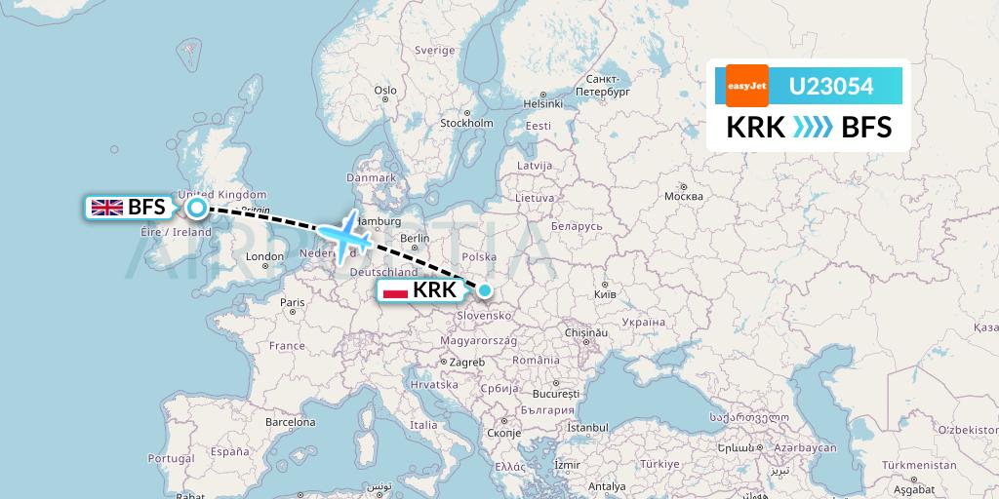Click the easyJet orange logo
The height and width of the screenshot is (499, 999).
[x=747, y=86]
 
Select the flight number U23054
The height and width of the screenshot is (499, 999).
[x=830, y=86]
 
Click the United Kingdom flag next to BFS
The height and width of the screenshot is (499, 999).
[x=106, y=207]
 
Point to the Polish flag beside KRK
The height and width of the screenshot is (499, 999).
[x=395, y=290]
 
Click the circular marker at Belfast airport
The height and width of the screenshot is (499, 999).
[x=197, y=207]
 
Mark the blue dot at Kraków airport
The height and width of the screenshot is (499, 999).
[x=484, y=289]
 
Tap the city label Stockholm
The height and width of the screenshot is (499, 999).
[x=466, y=124]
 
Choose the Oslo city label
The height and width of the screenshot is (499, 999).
[x=385, y=91]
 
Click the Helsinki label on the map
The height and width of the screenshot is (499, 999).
[x=544, y=103]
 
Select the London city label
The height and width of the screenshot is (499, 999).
[x=264, y=257]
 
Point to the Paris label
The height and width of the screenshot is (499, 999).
[x=293, y=302]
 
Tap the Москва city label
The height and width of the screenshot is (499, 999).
[x=683, y=196]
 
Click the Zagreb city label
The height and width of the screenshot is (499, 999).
[x=466, y=362]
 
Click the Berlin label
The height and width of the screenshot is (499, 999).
[x=415, y=239]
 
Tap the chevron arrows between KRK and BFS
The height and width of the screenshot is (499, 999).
[x=800, y=128]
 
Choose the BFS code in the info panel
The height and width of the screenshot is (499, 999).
[x=866, y=128]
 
